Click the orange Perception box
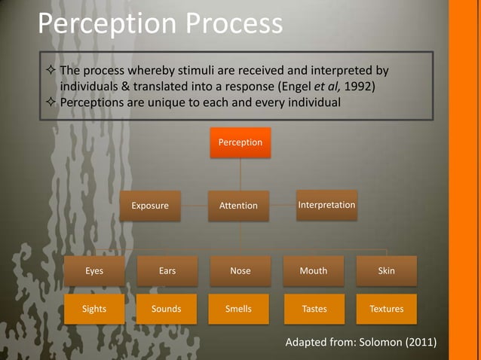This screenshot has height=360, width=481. [x=240, y=142]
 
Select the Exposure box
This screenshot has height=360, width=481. [x=150, y=205]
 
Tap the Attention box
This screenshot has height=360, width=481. [x=238, y=205]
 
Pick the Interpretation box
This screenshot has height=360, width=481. [x=326, y=205]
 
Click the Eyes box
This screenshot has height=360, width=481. [x=94, y=271]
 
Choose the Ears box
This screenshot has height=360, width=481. [x=167, y=271]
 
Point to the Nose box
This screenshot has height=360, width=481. [x=240, y=271]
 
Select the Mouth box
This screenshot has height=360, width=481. [x=314, y=271]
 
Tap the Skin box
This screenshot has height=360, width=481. [x=386, y=271]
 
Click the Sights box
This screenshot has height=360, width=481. [x=94, y=309]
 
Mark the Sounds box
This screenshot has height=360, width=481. [x=167, y=309]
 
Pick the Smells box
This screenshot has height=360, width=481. [x=238, y=309]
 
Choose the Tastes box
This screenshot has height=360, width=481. [x=314, y=309]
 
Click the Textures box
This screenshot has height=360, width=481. [x=386, y=309]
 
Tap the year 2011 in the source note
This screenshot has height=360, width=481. [x=419, y=343]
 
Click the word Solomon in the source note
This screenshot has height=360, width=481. [x=378, y=343]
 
